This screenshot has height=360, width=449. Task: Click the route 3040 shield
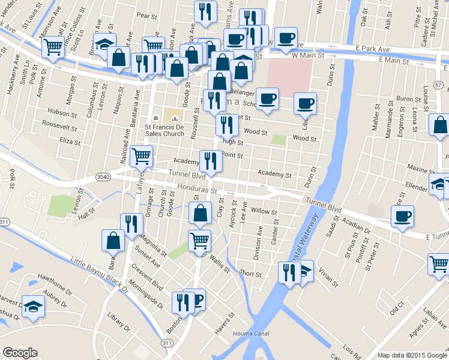click(104, 176)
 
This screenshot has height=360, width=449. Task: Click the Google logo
click(20, 352)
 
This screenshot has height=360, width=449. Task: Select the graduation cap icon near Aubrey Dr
click(32, 306)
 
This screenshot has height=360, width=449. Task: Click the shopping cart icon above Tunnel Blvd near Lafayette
click(141, 157)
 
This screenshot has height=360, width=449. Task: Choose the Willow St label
click(264, 212)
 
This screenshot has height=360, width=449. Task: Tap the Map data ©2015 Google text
click(412, 355)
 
